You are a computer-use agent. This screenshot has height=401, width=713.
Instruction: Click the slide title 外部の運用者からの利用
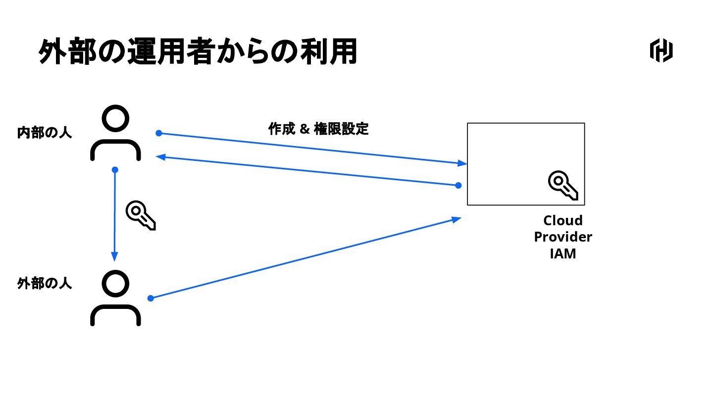pos(198,52)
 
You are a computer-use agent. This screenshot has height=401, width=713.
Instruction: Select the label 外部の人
pos(45,284)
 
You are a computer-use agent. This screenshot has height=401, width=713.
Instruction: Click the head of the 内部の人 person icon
pos(115,119)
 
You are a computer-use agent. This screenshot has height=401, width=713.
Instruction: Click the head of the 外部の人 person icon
pos(115,283)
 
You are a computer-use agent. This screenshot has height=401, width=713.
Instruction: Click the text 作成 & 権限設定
pos(318,129)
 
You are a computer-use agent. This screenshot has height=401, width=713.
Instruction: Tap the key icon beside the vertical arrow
pos(141,215)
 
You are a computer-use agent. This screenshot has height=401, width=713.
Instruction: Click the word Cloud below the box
pos(563,220)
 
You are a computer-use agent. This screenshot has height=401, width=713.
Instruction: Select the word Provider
pos(563,237)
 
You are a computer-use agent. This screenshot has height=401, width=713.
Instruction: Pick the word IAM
pos(563,254)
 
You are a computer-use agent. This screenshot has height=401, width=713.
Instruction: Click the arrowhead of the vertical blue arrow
pos(114,256)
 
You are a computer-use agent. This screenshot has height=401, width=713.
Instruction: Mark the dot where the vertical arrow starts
pos(115,170)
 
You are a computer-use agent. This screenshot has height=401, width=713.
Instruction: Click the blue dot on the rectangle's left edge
pos(458,185)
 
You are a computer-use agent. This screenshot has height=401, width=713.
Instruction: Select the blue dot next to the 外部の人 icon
pos(151,298)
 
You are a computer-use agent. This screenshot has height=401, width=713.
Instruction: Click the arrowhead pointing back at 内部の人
pos(160,157)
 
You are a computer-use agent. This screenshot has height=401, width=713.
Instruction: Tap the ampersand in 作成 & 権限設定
pos(305,129)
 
